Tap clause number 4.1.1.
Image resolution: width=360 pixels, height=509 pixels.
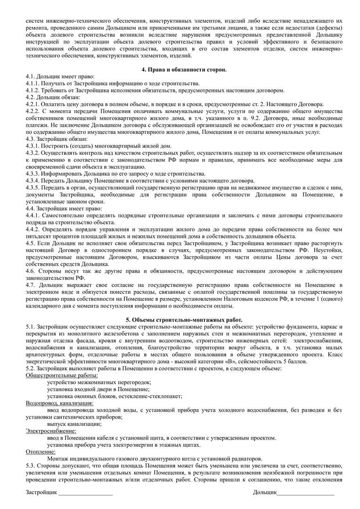(x=33, y=83)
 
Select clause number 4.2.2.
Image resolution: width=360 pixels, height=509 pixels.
(x=33, y=111)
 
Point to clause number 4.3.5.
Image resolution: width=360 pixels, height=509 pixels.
(x=33, y=188)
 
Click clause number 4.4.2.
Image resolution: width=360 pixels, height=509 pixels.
(x=33, y=229)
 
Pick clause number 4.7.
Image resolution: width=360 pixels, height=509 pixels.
(x=31, y=285)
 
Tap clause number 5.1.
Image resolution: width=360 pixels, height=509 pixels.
(x=31, y=327)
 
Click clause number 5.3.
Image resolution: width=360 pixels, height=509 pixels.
(x=31, y=466)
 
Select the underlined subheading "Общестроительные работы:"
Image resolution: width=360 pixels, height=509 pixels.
(x=62, y=375)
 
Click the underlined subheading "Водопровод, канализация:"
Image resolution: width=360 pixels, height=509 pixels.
(x=59, y=403)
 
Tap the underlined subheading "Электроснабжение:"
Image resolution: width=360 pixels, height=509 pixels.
(x=51, y=431)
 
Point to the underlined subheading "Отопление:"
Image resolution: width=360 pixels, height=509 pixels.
(x=41, y=452)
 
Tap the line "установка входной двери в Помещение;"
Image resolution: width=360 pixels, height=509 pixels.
(x=98, y=389)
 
